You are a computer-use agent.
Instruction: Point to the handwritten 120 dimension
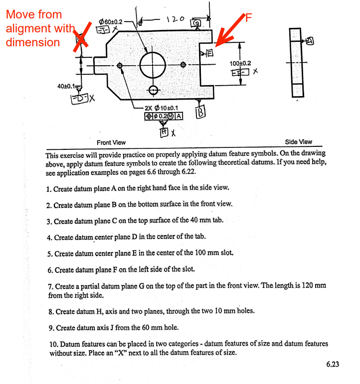coord(175,19)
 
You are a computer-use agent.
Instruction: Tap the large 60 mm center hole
coord(153,65)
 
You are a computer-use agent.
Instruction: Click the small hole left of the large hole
coord(120,65)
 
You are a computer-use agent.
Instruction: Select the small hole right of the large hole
coord(183,65)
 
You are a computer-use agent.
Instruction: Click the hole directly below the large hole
coord(153,90)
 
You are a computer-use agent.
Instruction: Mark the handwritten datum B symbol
coord(200,113)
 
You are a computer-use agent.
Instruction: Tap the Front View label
coord(111,142)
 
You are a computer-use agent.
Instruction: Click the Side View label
coord(298,141)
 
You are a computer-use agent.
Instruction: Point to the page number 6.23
coord(333,364)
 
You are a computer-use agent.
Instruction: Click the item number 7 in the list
coord(51,286)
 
